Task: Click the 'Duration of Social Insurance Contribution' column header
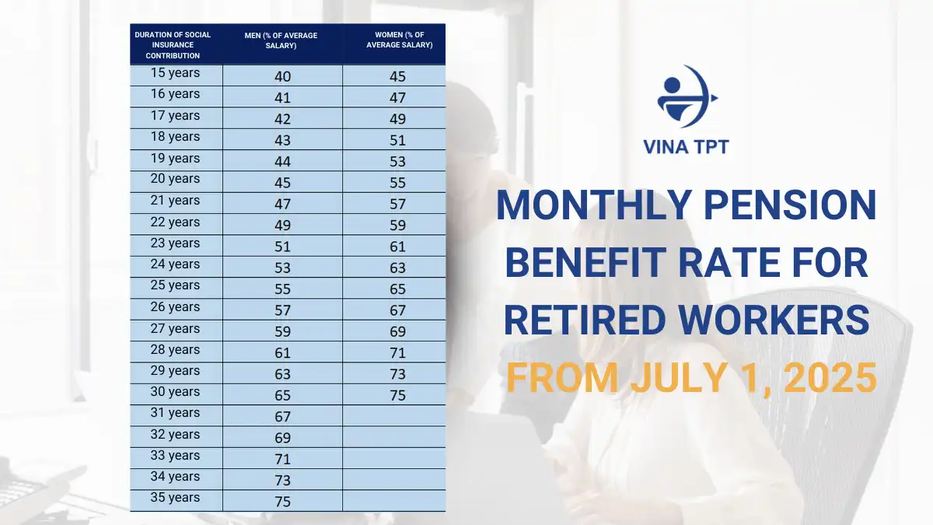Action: click(x=173, y=45)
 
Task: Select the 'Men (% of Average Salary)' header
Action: click(x=281, y=40)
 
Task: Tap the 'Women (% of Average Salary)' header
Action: click(x=400, y=40)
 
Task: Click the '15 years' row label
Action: click(x=175, y=72)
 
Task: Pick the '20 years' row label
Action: click(x=175, y=178)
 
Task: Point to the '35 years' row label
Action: click(x=175, y=497)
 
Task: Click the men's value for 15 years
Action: click(x=282, y=76)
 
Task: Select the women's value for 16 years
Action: click(x=397, y=97)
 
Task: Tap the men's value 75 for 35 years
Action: click(x=282, y=501)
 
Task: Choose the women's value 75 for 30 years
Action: click(x=397, y=395)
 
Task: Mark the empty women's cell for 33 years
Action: click(x=394, y=458)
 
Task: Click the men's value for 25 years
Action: click(x=282, y=289)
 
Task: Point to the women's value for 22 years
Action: click(x=397, y=225)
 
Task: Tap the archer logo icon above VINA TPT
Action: click(x=687, y=96)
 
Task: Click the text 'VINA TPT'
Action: click(x=686, y=147)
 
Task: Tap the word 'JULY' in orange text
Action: click(x=679, y=378)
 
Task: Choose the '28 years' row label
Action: click(x=175, y=349)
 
